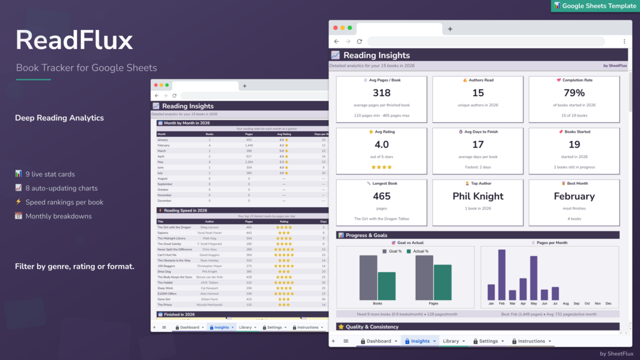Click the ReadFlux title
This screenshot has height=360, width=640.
pos(75,41)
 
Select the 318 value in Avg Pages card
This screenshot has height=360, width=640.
pos(381,93)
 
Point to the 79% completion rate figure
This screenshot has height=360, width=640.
pos(574,93)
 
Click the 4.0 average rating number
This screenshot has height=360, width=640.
pos(381,145)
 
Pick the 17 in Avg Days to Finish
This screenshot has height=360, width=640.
pos(478,145)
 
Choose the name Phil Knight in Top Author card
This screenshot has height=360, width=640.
pos(478,196)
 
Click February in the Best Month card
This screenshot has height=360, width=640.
pos(574,196)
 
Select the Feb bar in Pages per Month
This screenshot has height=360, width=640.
pos(502,274)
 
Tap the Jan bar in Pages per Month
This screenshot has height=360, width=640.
pos(491,292)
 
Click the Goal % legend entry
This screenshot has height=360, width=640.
pos(392,252)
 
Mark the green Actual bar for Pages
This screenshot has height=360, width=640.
pos(443,282)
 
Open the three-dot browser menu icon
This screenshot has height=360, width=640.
pos(624,41)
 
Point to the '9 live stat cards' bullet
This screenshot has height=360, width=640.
pos(50,174)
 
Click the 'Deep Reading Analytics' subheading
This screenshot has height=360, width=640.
pos(59,118)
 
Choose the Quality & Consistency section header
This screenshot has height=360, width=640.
pos(373,327)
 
